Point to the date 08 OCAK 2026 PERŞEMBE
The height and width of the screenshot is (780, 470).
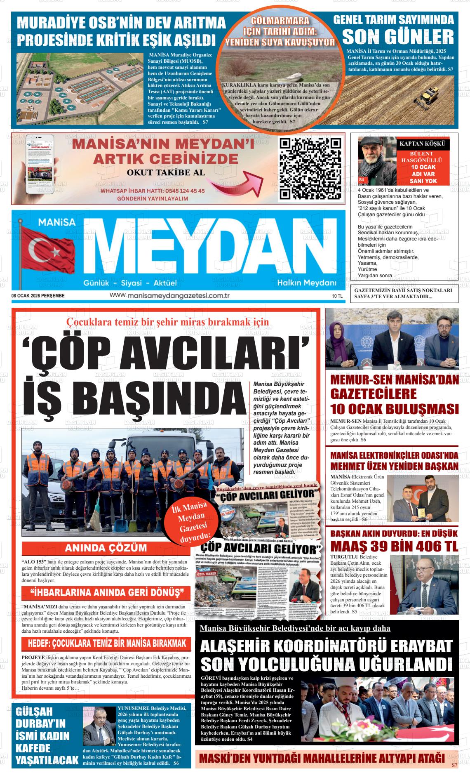[38, 296]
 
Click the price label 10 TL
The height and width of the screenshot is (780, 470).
[337, 296]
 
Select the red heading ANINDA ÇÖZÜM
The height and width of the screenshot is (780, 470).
[106, 548]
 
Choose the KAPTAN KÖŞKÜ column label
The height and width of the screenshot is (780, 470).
[423, 144]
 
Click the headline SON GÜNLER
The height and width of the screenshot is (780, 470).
[397, 37]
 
